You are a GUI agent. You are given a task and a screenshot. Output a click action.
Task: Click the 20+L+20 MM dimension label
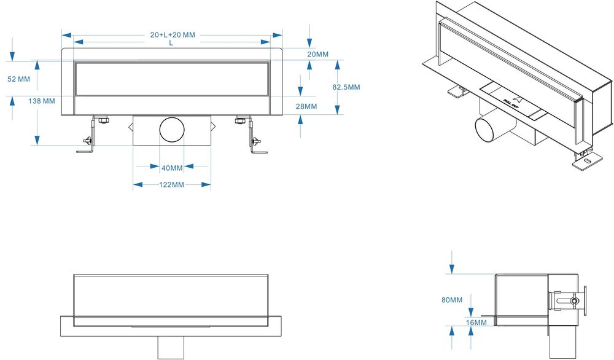[173, 35]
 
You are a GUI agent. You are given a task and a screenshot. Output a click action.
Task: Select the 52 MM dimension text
[19, 79]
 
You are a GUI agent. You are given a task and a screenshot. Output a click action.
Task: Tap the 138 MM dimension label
[42, 101]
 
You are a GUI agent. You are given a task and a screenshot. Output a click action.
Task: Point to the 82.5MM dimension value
[346, 87]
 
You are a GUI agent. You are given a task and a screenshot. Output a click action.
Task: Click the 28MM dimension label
[306, 106]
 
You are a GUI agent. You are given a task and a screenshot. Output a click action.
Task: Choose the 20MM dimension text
[317, 54]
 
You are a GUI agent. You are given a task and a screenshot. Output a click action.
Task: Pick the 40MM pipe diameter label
[172, 168]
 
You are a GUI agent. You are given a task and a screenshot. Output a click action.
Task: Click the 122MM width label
[171, 184]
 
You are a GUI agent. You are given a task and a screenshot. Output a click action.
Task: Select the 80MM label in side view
[452, 300]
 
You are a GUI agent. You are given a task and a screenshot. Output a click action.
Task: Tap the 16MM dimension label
[476, 323]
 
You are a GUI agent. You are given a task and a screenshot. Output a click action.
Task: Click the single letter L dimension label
[171, 43]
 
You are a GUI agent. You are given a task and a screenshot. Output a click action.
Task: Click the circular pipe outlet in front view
[172, 130]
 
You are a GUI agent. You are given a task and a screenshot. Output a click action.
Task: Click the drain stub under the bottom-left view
[171, 348]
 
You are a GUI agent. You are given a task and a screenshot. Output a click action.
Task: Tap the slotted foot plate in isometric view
[587, 161]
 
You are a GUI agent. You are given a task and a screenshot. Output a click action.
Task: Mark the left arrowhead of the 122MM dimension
[138, 184]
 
